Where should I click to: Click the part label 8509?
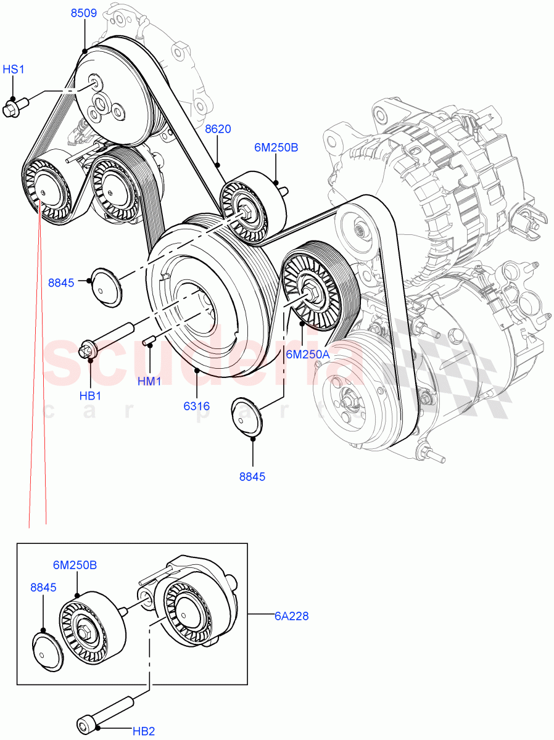coord(83,13)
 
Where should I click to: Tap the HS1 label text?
coord(14,70)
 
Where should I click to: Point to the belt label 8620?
coord(217,129)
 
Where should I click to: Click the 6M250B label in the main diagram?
coord(276,148)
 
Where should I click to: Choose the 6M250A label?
coord(307,354)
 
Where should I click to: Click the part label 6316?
coord(196,406)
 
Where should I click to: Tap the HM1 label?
coord(149,382)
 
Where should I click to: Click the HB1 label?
coord(90,395)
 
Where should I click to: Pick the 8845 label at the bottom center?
coord(253,477)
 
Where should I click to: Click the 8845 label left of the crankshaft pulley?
coord(61,283)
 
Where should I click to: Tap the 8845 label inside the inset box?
coord(43,588)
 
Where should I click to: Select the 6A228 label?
coord(292,615)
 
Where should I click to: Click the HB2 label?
coord(143,731)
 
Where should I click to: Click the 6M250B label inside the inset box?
coord(75,565)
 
